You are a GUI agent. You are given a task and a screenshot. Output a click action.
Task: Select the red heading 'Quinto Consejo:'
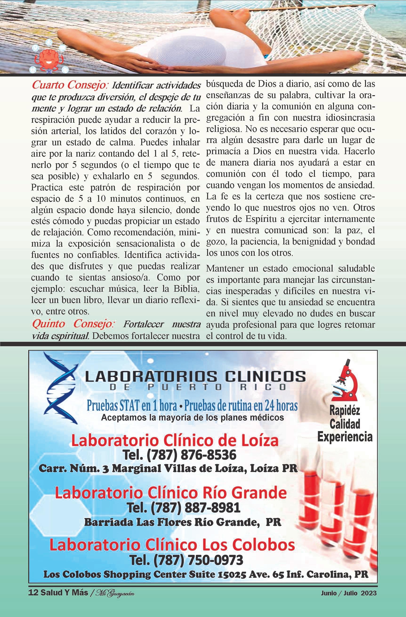pos(73,324)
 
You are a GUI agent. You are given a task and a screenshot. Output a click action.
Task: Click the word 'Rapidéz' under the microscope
pos(345,411)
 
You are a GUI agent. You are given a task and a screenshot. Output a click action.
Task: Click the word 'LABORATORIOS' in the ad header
pos(147,376)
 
